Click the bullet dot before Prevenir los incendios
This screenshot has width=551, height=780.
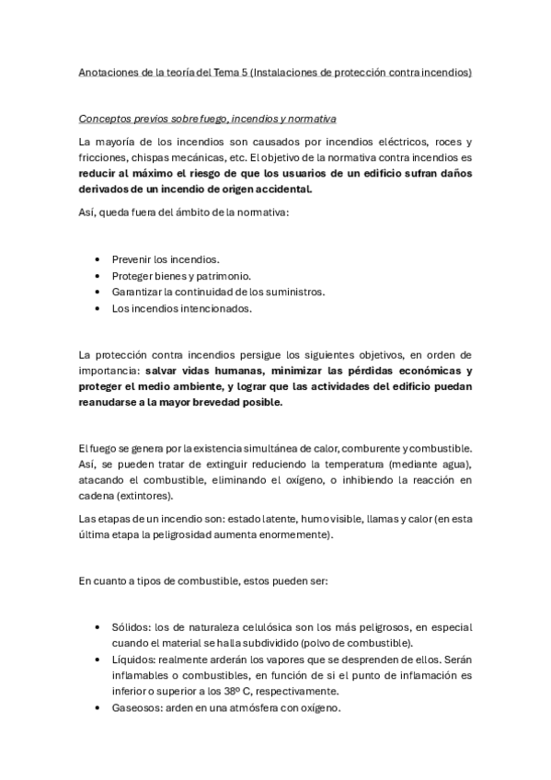99,259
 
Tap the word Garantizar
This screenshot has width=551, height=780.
138,292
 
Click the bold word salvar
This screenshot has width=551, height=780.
166,371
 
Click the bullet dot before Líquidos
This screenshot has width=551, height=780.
99,660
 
